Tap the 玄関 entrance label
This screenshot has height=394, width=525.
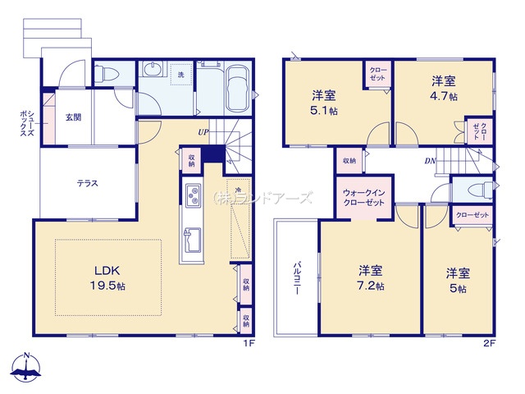[72, 117]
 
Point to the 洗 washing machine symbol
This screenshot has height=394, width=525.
[180, 76]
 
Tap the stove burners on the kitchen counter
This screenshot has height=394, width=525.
[194, 196]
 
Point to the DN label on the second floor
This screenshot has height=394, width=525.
[429, 161]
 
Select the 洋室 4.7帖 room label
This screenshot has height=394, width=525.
[445, 89]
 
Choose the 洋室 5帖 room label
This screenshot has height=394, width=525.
[457, 279]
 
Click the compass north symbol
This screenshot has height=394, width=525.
[27, 368]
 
